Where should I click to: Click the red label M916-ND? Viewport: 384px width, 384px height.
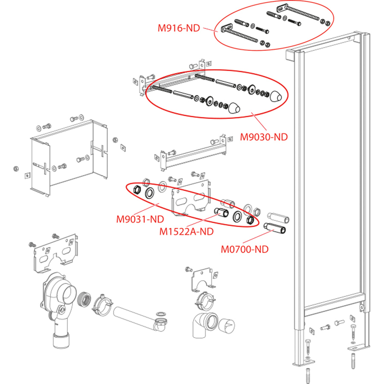point(179,28)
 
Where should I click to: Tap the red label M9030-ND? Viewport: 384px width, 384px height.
point(264,137)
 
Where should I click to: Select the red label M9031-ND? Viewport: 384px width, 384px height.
point(140,219)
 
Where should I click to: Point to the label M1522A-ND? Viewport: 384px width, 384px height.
point(186,231)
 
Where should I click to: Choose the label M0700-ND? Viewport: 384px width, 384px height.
point(244,249)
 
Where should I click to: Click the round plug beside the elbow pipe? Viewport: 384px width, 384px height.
point(227,326)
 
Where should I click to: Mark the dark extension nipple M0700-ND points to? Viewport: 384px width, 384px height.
point(274,228)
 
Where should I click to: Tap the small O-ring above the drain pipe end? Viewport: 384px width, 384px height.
point(161,314)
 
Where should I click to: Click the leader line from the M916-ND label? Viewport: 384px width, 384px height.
point(210,30)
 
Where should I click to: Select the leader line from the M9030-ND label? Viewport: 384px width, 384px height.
point(259,122)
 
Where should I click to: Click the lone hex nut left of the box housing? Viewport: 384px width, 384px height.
point(16,169)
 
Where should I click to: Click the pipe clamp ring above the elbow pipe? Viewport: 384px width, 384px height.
point(205,299)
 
